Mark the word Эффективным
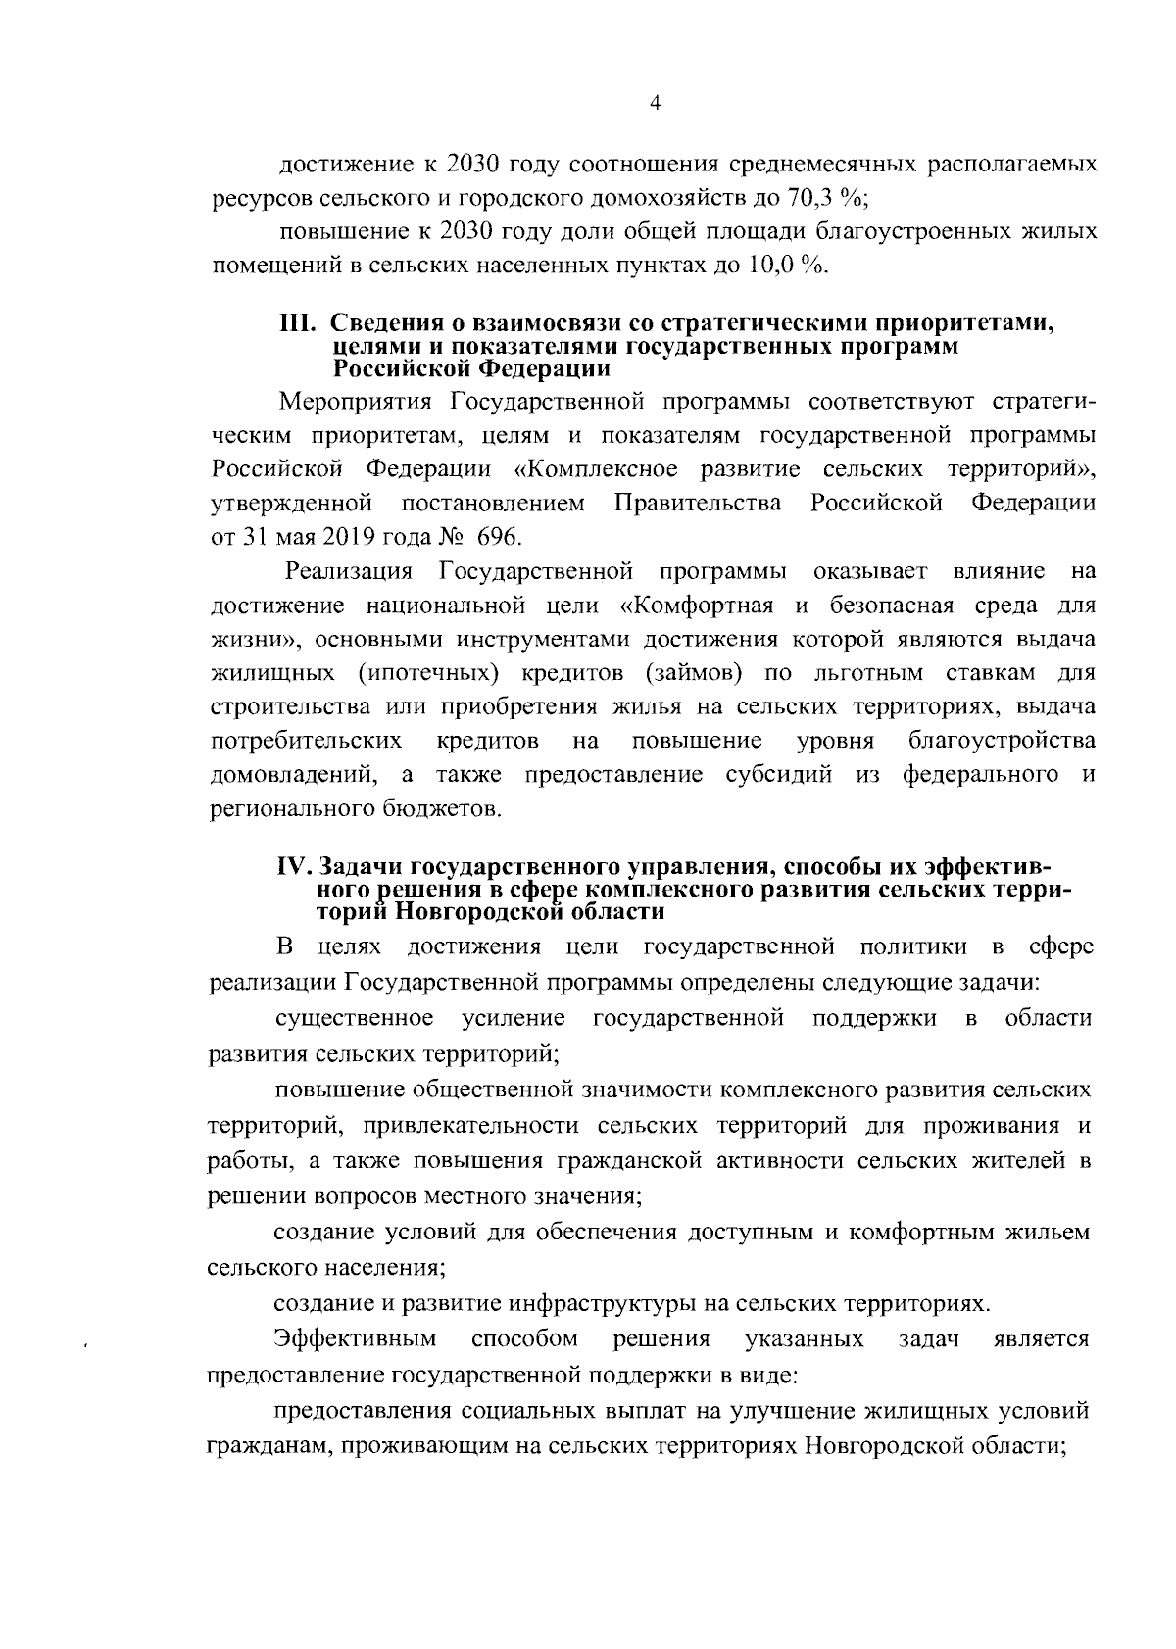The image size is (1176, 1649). [356, 1338]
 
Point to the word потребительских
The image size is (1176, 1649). [306, 740]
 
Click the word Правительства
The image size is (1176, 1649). [699, 504]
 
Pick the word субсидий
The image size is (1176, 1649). [780, 775]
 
